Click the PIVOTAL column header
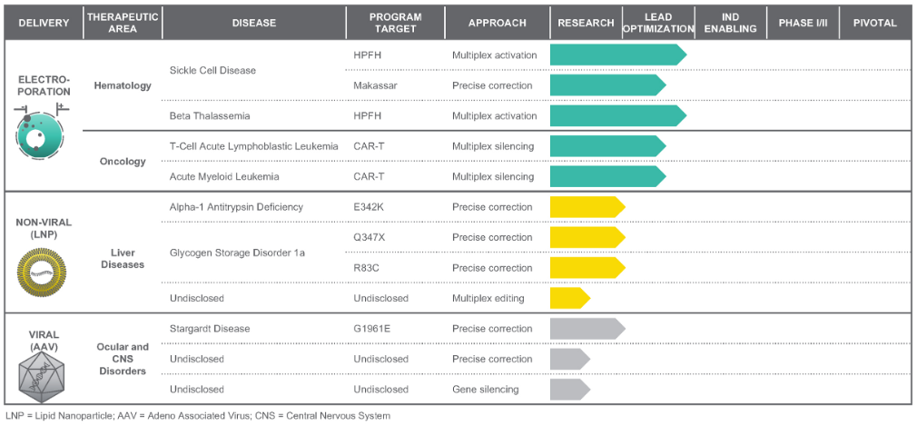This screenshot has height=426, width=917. [874, 23]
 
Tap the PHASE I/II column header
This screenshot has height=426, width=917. [803, 23]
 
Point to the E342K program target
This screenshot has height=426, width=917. [369, 207]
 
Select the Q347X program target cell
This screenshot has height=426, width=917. [370, 237]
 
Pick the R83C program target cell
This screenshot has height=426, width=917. [368, 268]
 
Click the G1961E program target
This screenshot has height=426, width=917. [372, 329]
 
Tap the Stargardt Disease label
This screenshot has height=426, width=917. [210, 329]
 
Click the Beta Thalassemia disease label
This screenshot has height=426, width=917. [211, 116]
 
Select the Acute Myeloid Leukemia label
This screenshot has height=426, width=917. [224, 176]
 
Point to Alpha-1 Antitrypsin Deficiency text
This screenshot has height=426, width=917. [236, 207]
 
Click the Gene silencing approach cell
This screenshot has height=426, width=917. [486, 390]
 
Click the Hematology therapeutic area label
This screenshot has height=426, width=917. [123, 86]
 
